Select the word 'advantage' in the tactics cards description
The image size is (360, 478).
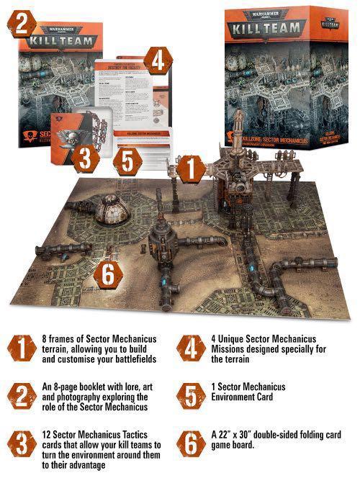pyautogui.click(x=87, y=466)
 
